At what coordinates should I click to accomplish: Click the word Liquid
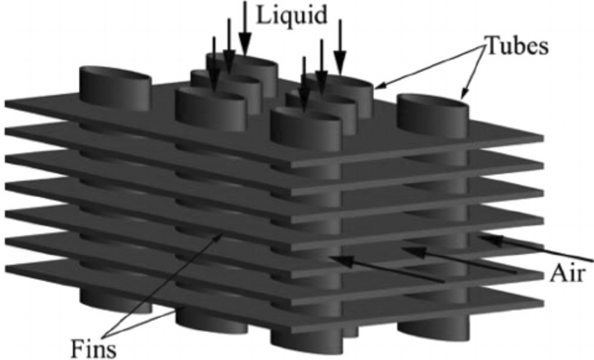[x=292, y=15]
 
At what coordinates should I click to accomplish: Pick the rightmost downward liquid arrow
[x=340, y=45]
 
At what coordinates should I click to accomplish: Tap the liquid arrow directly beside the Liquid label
[x=245, y=24]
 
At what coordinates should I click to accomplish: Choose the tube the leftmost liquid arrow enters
[x=210, y=101]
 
